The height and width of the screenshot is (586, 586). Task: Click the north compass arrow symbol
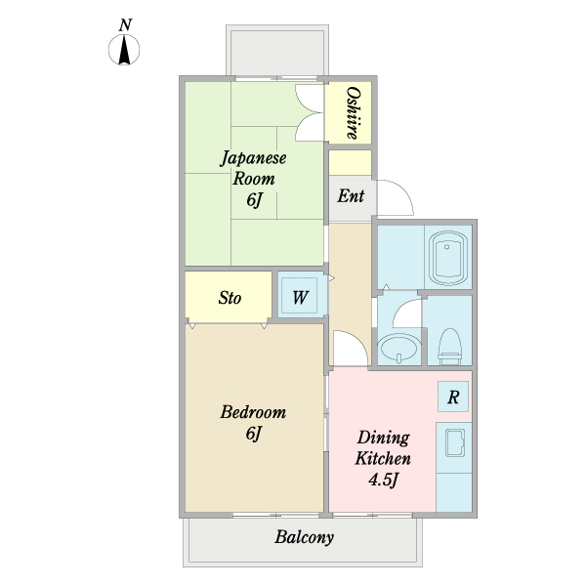pyautogui.click(x=124, y=50)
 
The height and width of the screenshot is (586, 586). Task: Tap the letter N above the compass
pyautogui.click(x=126, y=25)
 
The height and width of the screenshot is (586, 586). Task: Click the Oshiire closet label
pyautogui.click(x=353, y=113)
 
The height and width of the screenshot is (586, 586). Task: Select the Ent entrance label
pyautogui.click(x=351, y=196)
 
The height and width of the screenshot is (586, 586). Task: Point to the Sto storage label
pyautogui.click(x=230, y=298)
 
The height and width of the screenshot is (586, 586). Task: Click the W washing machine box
pyautogui.click(x=300, y=296)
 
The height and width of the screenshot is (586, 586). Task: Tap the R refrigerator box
pyautogui.click(x=453, y=397)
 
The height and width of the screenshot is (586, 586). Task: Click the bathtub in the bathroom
pyautogui.click(x=447, y=258)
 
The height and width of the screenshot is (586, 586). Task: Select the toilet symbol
pyautogui.click(x=449, y=347)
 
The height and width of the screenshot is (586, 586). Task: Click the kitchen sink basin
pyautogui.click(x=455, y=442)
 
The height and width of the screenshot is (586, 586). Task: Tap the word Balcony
pyautogui.click(x=304, y=538)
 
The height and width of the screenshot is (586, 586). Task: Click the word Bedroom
pyautogui.click(x=253, y=412)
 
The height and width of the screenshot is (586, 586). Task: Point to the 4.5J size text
pyautogui.click(x=384, y=480)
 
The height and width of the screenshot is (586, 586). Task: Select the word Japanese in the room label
pyautogui.click(x=253, y=158)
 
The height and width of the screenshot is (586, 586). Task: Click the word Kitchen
pyautogui.click(x=383, y=459)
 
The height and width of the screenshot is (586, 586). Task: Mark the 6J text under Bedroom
pyautogui.click(x=253, y=434)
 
